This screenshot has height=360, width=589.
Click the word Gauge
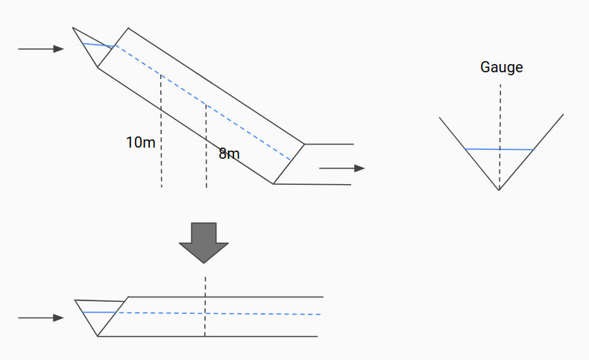pos(501,67)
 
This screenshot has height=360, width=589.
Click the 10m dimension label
pos(141,142)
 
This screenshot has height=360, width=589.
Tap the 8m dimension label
pos(229,154)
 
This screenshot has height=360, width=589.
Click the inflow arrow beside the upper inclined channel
pos(41,49)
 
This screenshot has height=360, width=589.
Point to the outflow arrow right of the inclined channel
pos(341,168)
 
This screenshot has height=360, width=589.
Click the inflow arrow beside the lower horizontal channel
pos(41,318)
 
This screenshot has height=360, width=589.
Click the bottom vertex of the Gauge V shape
pos(500,190)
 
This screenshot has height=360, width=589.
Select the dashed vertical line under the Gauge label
pos(500,112)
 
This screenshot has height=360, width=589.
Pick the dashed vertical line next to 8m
pos(207,171)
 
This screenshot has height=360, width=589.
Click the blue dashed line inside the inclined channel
pos(201,101)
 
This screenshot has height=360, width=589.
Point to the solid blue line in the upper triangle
pos(98,45)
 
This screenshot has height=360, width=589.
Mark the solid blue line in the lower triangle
pos(100,312)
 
